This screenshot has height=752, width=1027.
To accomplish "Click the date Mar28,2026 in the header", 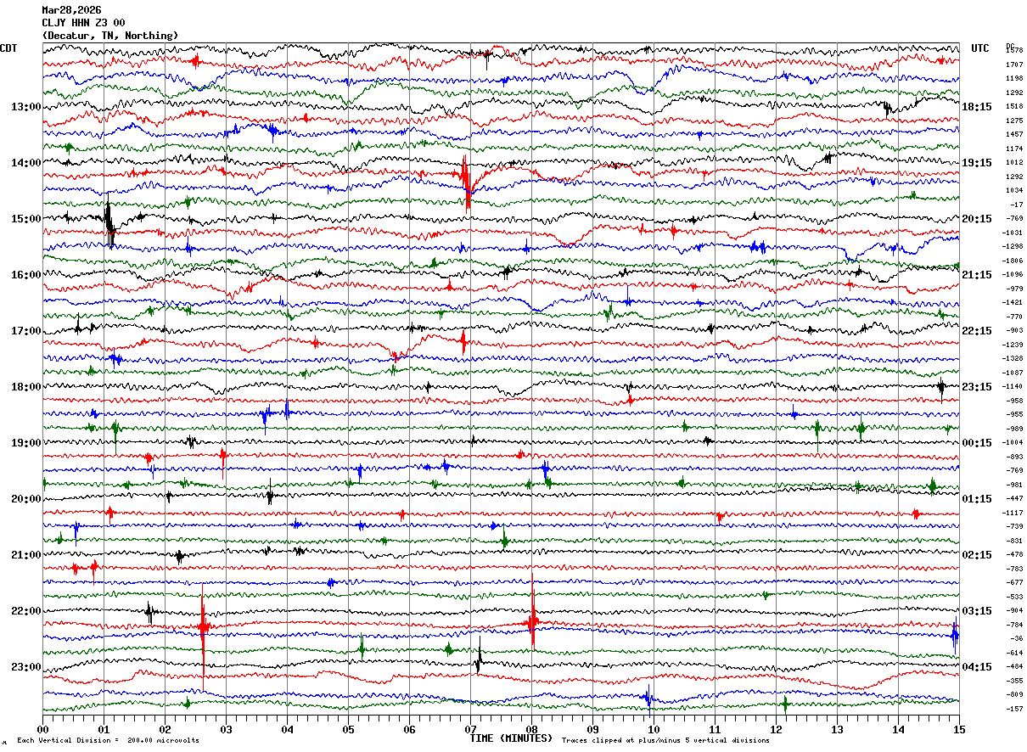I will click(x=71, y=10).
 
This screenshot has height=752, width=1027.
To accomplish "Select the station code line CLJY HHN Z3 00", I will click(x=84, y=23).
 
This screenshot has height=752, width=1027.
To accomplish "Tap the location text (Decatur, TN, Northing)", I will click(x=110, y=36).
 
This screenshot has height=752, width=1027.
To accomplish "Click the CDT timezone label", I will click(x=9, y=48).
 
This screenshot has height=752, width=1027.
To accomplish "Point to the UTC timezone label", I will click(x=980, y=48).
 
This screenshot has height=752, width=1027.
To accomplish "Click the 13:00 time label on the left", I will click(x=25, y=107).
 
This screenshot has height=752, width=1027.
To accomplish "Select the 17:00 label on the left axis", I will click(x=25, y=331).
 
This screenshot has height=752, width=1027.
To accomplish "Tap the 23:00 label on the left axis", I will click(x=25, y=667).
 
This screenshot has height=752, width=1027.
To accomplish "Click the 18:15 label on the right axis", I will click(x=977, y=107).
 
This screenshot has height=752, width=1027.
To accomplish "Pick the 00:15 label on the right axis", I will click(x=977, y=443).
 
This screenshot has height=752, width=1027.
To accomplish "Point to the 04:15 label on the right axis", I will click(x=977, y=667).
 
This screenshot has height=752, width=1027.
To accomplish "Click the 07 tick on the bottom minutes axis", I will click(x=470, y=729).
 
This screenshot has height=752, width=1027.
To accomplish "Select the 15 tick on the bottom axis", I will click(x=958, y=729).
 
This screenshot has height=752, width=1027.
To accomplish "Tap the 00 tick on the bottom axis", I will click(x=43, y=729).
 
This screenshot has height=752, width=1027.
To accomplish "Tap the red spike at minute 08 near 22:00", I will click(x=532, y=620).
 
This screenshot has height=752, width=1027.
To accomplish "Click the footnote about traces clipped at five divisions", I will click(x=665, y=741).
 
